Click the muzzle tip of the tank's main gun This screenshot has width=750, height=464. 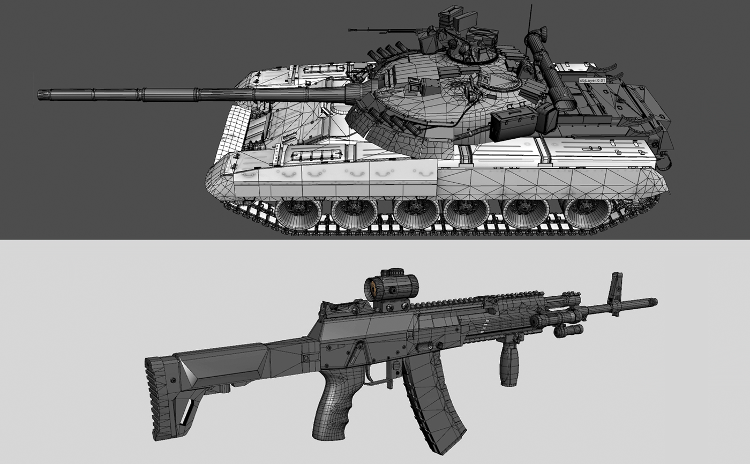38,94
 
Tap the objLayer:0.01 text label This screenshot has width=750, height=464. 592,80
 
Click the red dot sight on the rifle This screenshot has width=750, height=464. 391,287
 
